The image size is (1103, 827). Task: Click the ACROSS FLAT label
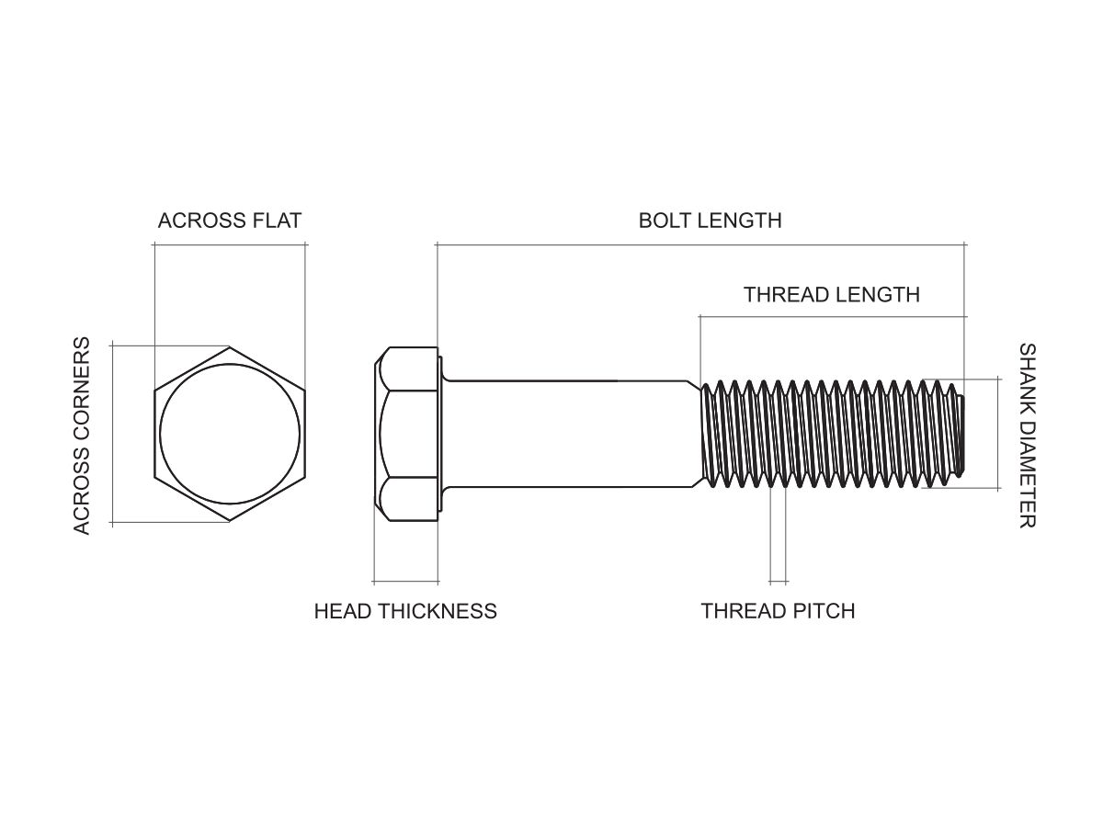click(230, 221)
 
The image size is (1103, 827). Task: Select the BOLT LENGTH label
click(710, 221)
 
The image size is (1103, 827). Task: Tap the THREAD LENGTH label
click(831, 295)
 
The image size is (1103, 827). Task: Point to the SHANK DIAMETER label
click(1027, 436)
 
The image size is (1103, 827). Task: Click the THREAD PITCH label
click(778, 611)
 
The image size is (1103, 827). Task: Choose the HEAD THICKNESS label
click(405, 611)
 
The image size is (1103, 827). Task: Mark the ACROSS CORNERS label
click(82, 436)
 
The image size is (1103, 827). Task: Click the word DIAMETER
click(1027, 475)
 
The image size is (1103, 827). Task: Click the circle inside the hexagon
click(230, 435)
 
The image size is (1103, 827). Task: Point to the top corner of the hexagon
click(230, 347)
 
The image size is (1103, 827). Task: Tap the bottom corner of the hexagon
click(230, 522)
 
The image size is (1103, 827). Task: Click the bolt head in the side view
click(407, 435)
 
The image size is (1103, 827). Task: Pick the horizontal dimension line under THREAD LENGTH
click(832, 316)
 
